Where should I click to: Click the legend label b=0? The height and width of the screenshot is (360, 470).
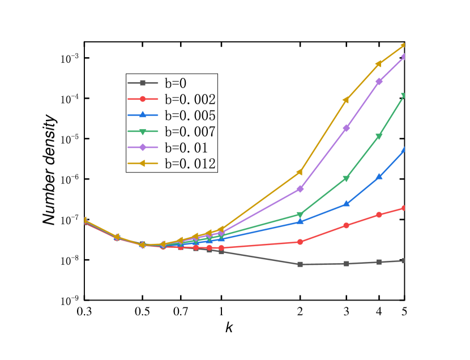tap(175, 83)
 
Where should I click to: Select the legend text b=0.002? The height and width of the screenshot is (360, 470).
tap(190, 100)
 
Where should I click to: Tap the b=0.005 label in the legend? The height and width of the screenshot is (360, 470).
tap(190, 115)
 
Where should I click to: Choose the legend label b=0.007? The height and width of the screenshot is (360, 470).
tap(190, 132)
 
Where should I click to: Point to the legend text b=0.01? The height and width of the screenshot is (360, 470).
tap(186, 148)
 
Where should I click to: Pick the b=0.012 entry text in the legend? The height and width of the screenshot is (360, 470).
tap(190, 164)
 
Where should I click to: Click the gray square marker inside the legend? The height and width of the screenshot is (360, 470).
tap(143, 83)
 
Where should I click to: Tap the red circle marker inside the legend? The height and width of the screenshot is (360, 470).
tap(143, 99)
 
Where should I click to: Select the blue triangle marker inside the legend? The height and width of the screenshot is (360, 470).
tap(143, 115)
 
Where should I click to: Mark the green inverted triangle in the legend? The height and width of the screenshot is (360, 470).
tap(143, 131)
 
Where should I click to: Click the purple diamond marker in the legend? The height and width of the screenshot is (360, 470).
tap(143, 147)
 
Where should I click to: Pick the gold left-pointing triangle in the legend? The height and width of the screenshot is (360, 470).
tap(143, 164)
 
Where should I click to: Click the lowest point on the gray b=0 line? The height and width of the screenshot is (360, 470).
tap(300, 264)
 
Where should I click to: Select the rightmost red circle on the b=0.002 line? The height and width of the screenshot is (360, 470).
tap(404, 208)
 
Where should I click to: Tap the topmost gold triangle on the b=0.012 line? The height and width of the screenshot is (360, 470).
tap(404, 45)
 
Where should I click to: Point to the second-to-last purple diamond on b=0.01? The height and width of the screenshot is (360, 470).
tap(379, 82)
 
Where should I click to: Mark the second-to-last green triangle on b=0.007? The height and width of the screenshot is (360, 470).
tap(379, 136)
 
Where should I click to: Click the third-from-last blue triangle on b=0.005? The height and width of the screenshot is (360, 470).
tap(347, 204)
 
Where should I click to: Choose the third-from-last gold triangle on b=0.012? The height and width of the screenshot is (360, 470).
tap(346, 100)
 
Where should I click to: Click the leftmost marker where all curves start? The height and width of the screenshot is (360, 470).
tap(85, 220)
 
